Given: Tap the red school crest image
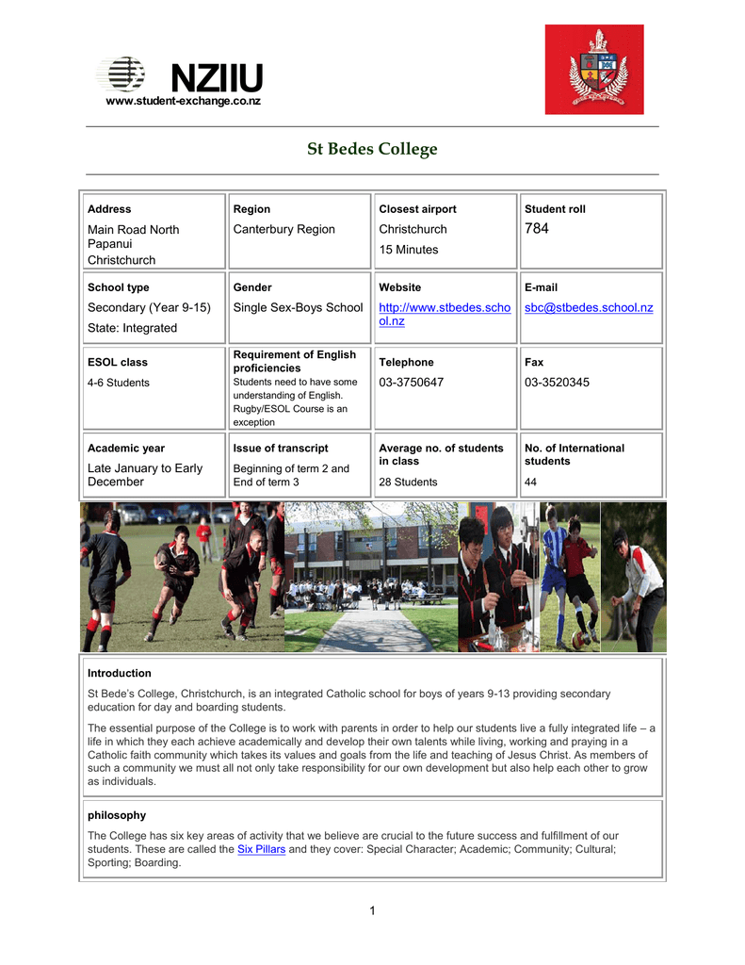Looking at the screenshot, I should tap(593, 70).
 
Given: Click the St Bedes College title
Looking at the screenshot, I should tap(372, 149).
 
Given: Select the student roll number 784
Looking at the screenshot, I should tap(537, 229).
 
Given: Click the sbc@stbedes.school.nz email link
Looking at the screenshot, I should tap(589, 308).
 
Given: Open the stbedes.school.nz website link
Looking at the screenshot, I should tap(444, 315).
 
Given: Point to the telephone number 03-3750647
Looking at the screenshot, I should tap(411, 383).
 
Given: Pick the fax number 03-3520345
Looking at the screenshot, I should tap(557, 383).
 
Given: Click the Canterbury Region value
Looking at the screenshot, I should tap(283, 230).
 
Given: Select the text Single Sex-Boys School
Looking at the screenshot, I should tap(298, 308).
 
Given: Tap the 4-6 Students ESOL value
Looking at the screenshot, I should tap(118, 383).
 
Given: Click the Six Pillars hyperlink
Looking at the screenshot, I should tap(261, 849).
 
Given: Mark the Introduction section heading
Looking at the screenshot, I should tap(120, 673).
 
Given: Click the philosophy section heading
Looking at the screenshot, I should tap(117, 815).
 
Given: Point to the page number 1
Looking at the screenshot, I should tap(373, 910).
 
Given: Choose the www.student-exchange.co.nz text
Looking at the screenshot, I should tap(183, 101).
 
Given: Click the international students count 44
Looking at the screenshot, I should tap(531, 482).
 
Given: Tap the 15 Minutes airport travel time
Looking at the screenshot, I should tap(409, 250).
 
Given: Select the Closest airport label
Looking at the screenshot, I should tap(417, 209).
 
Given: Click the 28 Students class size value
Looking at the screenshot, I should tap(408, 482).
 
